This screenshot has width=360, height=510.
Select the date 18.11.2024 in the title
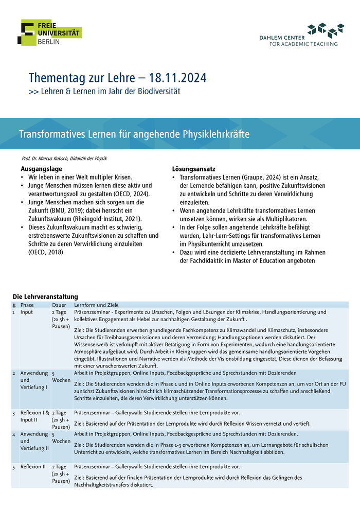178,78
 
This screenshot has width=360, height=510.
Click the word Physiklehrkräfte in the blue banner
216,134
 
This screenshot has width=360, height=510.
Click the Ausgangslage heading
41,169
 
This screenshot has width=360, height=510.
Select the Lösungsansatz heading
193,169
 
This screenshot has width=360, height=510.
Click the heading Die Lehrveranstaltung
45,297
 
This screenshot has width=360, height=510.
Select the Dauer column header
59,305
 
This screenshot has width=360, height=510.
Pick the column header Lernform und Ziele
96,305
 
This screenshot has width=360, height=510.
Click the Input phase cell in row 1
27,312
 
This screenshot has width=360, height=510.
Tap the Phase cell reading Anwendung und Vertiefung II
34,441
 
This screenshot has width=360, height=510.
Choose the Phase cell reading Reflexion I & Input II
35,416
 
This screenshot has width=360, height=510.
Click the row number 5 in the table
14,467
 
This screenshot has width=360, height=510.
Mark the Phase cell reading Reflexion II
34,467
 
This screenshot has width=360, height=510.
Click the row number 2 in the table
14,373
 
